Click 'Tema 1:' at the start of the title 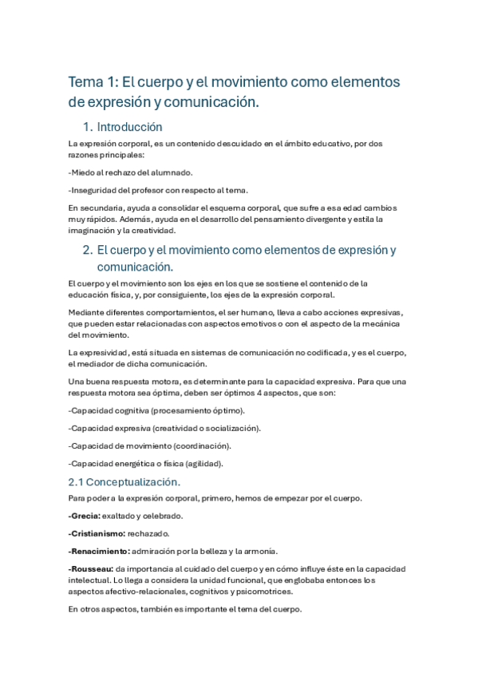93,82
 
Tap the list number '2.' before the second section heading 89,250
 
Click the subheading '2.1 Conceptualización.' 124,481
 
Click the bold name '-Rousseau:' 92,568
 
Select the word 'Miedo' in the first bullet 83,172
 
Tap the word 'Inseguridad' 94,189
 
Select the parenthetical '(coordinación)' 199,445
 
